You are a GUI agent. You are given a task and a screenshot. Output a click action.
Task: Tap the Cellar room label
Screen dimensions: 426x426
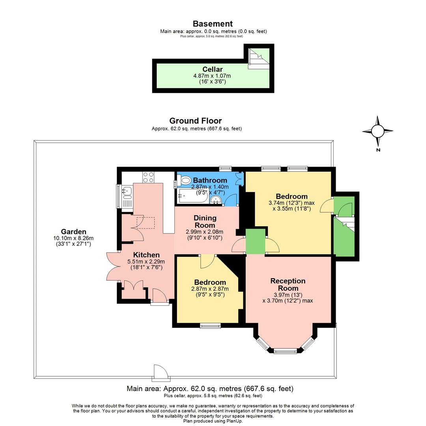click(x=212, y=69)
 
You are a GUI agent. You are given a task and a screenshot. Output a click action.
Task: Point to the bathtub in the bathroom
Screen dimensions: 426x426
click(x=193, y=195)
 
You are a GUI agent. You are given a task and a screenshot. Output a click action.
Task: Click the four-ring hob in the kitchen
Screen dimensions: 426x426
click(x=148, y=177)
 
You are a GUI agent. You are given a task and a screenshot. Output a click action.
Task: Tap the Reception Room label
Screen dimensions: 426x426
click(x=288, y=284)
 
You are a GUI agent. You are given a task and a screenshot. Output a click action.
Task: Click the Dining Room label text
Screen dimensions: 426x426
click(x=205, y=221)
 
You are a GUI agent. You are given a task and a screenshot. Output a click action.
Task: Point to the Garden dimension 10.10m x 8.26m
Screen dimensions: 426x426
click(x=73, y=238)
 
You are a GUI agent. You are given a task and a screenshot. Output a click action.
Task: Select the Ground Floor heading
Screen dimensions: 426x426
click(x=195, y=121)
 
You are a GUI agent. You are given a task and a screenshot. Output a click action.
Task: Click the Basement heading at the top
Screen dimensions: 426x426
click(x=213, y=24)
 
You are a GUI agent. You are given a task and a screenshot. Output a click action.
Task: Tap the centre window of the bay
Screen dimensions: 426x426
click(x=285, y=351)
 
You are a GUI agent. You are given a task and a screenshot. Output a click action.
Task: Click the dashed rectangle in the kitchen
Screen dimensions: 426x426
click(x=146, y=222)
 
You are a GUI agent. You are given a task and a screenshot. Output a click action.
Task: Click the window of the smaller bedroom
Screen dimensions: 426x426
click(x=210, y=326)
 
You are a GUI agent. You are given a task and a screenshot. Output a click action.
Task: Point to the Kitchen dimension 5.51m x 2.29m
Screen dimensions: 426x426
click(x=146, y=262)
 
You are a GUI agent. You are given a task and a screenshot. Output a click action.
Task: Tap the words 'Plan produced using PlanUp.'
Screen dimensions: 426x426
click(x=213, y=421)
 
